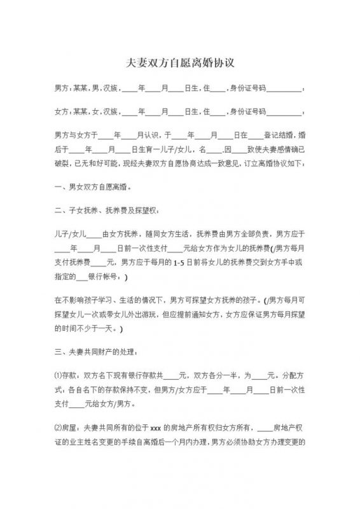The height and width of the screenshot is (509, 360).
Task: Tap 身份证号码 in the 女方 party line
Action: pyautogui.click(x=249, y=112)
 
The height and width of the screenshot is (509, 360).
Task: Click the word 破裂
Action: pyautogui.click(x=63, y=165)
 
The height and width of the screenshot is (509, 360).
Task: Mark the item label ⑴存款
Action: pyautogui.click(x=66, y=374)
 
